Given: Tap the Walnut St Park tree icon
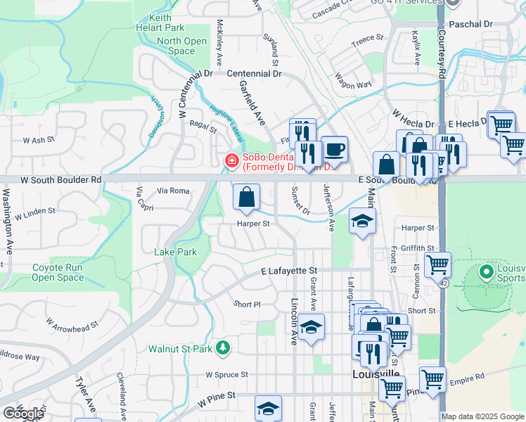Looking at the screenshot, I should [223, 347].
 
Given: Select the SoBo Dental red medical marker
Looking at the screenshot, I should [231, 162].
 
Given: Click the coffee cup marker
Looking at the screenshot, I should [335, 148].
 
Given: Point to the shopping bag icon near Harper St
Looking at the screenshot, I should [247, 198].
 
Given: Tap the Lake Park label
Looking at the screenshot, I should [176, 252].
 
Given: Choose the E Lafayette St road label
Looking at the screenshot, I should [289, 270].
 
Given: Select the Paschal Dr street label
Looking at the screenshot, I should [470, 24].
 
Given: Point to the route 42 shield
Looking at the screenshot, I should [444, 282].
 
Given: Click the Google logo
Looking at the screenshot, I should [23, 414].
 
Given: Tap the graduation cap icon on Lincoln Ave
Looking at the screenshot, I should [311, 327].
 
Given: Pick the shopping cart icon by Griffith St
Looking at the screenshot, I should [437, 264].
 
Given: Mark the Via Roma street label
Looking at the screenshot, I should [173, 191].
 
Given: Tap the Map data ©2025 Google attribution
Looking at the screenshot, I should [482, 416].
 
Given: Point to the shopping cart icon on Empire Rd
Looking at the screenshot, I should [432, 379].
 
